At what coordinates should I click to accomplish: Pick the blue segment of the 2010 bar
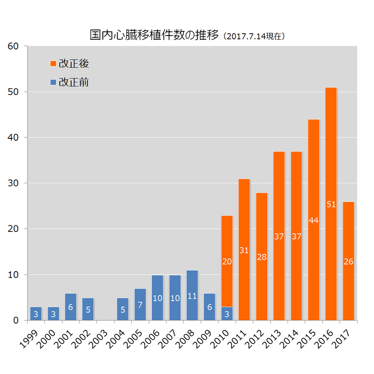pos(227,314)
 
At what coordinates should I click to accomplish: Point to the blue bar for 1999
pos(36,314)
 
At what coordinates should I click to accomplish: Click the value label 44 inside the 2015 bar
pos(314,220)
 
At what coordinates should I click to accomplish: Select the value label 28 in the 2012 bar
pos(261,257)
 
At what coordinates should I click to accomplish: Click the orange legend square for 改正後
pos(53,63)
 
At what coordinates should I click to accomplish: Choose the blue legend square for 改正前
pos(53,82)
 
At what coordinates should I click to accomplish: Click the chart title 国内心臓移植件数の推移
pos(154,35)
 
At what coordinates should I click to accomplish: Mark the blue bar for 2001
pos(71,307)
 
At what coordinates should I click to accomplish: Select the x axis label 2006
pos(151,338)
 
